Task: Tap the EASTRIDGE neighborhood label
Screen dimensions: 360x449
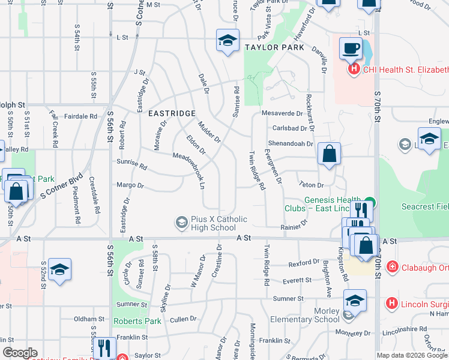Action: (172, 113)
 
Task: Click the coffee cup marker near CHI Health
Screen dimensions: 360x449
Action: (351, 47)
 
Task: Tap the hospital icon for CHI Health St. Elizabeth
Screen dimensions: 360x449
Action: (354, 70)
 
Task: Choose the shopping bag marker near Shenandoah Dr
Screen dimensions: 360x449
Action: (330, 154)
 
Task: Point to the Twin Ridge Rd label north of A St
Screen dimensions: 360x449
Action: (256, 170)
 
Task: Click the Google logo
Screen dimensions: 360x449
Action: (20, 353)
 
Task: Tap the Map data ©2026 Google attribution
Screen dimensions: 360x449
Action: (412, 355)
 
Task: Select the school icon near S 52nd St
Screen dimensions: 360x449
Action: (59, 269)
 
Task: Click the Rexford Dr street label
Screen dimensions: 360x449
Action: (304, 263)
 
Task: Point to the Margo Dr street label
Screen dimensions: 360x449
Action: (130, 185)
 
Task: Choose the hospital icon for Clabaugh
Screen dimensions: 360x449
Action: (392, 266)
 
